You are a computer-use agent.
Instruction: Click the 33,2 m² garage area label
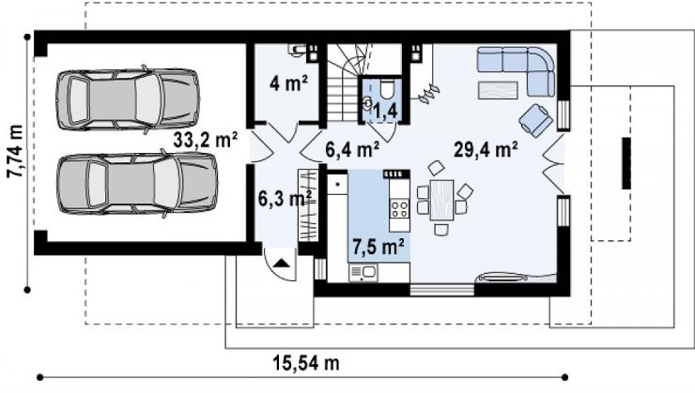pos(206,140)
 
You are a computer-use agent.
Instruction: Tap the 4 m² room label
pos(289,83)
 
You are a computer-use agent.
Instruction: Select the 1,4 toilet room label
pos(385,111)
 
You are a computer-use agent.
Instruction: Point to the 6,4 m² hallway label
pos(352,149)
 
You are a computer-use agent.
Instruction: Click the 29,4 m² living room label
pos(486,149)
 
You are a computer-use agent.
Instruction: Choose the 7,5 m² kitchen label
pos(378,246)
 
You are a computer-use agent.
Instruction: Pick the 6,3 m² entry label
pos(285,198)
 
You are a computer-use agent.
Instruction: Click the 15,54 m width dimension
pos(306,363)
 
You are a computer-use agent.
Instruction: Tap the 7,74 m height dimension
pos(15,151)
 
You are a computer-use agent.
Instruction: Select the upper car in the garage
pos(128,99)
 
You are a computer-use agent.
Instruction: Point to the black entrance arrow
pos(282,264)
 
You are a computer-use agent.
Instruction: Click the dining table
pos(441,200)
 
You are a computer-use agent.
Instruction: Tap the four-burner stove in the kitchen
pos(399,209)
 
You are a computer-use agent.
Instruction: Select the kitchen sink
pos(363,273)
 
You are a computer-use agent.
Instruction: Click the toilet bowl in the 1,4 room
pos(387,89)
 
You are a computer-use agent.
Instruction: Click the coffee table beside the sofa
pos(498,90)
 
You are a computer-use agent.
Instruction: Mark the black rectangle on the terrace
pos(626,163)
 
